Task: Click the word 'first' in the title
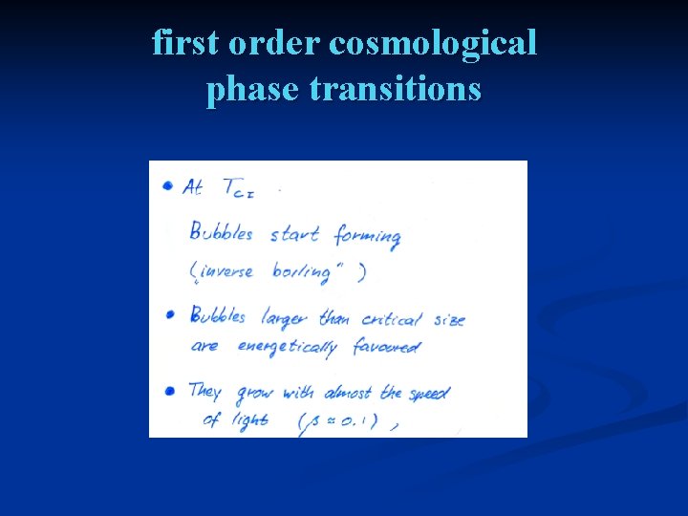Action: (x=185, y=44)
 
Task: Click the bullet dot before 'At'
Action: (x=168, y=185)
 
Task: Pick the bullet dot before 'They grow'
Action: (x=169, y=391)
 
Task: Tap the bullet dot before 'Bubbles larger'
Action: (x=170, y=313)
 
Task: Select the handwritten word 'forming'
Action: (x=367, y=236)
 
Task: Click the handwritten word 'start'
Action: (x=294, y=234)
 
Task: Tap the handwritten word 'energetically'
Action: (x=286, y=347)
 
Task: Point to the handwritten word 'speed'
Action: (x=427, y=393)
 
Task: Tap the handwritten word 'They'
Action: (x=204, y=392)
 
